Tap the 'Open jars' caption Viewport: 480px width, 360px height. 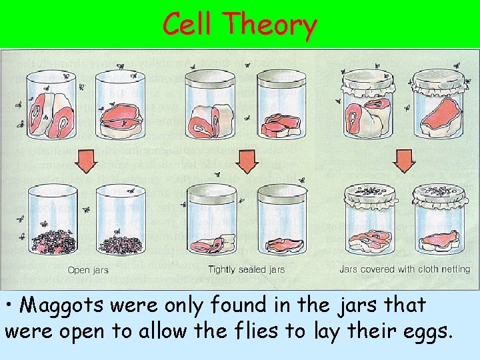click(x=87, y=270)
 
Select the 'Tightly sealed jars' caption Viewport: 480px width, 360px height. click(x=246, y=270)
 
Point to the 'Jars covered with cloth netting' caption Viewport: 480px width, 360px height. click(x=405, y=269)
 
